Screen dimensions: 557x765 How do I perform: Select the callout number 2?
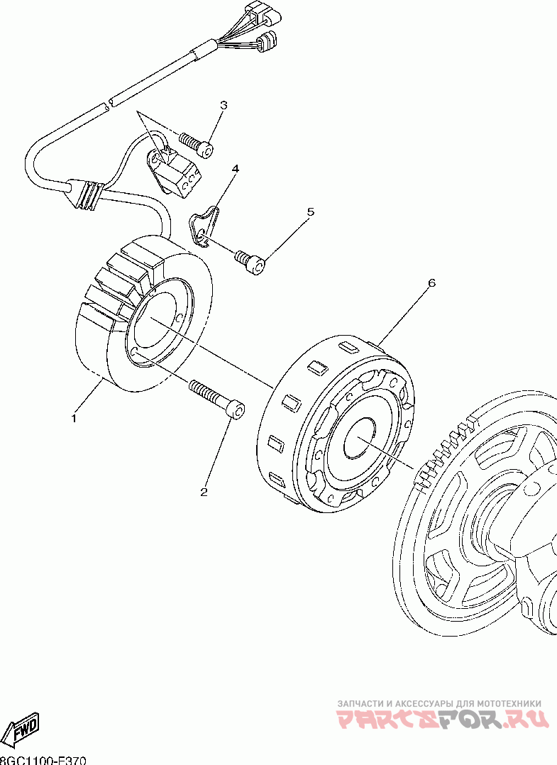[204, 492]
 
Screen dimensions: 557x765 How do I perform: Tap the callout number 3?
[224, 106]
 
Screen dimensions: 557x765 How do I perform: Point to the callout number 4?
[235, 169]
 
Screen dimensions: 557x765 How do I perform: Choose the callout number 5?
[310, 211]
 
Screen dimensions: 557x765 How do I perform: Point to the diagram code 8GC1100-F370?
[44, 760]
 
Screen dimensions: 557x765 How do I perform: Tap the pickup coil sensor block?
[177, 172]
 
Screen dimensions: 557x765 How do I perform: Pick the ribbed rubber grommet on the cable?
[87, 195]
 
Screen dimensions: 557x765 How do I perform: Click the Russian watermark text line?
[439, 703]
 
